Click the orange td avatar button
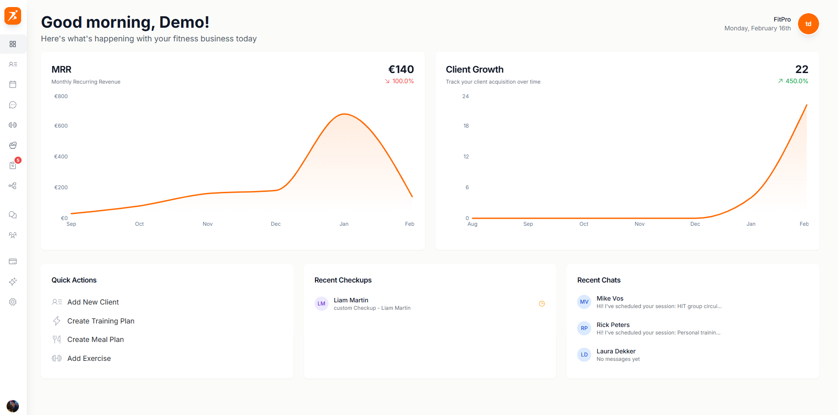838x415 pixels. [808, 24]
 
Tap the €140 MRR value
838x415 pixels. [401, 70]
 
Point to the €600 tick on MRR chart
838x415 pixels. [61, 126]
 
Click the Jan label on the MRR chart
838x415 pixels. [344, 224]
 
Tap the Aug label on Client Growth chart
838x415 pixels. [472, 224]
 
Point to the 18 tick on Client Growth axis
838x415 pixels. [466, 126]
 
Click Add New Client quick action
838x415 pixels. [93, 302]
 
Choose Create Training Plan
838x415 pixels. [101, 321]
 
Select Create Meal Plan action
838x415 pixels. [95, 339]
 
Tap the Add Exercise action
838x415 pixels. [89, 358]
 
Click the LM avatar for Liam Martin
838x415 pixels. [322, 304]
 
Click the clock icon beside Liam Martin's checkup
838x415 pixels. [542, 304]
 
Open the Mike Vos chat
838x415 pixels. [610, 299]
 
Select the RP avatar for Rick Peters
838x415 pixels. [584, 328]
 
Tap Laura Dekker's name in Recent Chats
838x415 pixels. [616, 351]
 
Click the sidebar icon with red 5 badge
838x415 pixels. [13, 165]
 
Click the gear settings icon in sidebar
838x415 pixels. [13, 302]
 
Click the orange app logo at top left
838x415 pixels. [13, 16]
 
